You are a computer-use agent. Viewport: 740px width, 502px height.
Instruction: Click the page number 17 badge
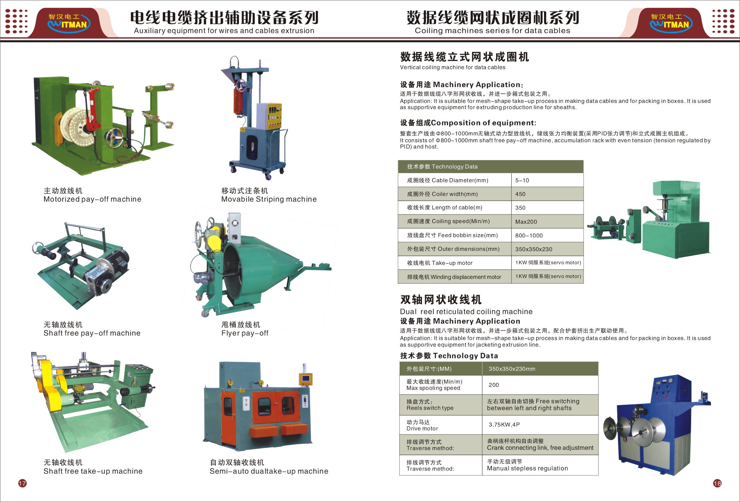pyautogui.click(x=22, y=484)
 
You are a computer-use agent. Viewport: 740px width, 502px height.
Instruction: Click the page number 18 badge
pyautogui.click(x=717, y=484)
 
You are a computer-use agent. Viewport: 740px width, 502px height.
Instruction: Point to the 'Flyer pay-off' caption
pyautogui.click(x=245, y=333)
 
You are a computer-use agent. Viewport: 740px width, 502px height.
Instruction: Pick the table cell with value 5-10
pyautogui.click(x=547, y=180)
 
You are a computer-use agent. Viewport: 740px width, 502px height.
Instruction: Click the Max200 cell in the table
pyautogui.click(x=547, y=221)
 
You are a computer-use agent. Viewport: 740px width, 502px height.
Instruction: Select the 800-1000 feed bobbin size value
pyautogui.click(x=547, y=235)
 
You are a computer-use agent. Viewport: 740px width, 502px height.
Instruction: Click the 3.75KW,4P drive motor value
pyautogui.click(x=540, y=425)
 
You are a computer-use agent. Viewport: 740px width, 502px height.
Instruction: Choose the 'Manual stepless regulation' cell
pyautogui.click(x=540, y=465)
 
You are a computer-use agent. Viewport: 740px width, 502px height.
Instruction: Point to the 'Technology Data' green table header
pyautogui.click(x=490, y=167)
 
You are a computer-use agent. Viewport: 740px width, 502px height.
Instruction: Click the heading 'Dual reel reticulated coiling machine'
pyautogui.click(x=466, y=311)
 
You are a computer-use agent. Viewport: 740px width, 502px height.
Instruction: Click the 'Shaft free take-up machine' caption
pyautogui.click(x=93, y=471)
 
